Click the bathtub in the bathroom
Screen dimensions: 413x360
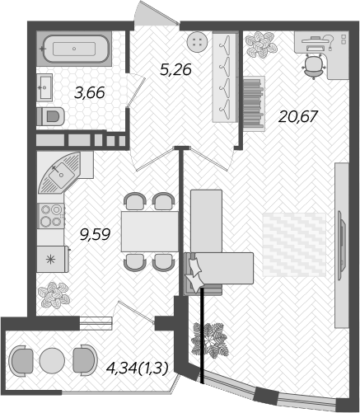click(74, 49)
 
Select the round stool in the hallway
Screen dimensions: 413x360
click(196, 42)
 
